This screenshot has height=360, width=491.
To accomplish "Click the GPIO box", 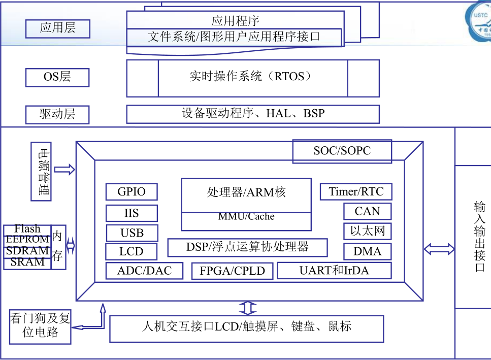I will tap(132, 192).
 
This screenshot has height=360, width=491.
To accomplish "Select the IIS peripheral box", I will tap(132, 213).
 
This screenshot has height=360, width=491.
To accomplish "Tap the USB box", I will tap(132, 233).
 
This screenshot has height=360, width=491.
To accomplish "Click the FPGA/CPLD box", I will tap(233, 271).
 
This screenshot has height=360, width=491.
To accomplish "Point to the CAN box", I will tap(368, 211).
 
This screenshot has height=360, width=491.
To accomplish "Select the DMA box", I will tap(368, 251).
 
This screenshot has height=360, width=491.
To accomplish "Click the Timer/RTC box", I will tap(356, 192).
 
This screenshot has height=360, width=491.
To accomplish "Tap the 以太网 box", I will tap(368, 232).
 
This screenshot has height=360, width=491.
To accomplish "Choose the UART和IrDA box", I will tap(334, 271).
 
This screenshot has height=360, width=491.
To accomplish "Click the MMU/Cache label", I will tap(246, 217).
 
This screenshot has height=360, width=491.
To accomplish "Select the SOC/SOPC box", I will tap(342, 151).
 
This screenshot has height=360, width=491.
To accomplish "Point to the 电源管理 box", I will tap(41, 172).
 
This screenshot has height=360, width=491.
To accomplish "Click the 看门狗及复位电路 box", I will tap(40, 326).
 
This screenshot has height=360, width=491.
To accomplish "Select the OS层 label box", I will tap(57, 77).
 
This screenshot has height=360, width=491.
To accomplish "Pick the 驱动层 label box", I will tap(57, 114).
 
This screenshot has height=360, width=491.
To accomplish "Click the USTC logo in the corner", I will tap(479, 24).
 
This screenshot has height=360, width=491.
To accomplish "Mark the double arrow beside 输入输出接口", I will tap(439, 249).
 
